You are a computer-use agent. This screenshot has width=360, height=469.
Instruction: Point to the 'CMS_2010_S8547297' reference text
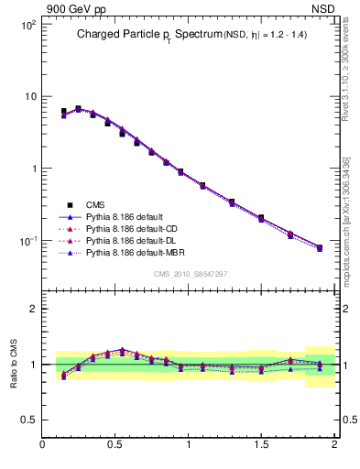190,274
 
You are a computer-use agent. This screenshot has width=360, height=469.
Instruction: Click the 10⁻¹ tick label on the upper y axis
28,241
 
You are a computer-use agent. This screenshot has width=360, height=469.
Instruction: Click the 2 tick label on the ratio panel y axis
34,309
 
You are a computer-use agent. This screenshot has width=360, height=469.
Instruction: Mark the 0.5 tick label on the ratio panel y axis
30,420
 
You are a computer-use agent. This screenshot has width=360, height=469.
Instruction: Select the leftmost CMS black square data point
63,112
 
